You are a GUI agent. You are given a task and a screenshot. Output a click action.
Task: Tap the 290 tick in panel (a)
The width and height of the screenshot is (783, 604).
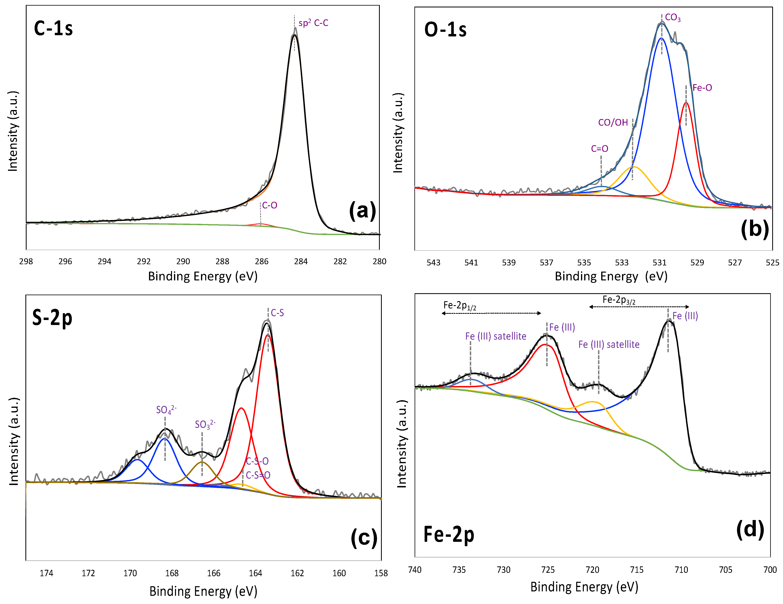(x=183, y=261)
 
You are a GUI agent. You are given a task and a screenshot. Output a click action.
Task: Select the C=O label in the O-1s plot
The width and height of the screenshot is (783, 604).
(x=599, y=148)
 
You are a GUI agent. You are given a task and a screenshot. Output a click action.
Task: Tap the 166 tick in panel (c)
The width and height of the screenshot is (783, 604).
(x=214, y=573)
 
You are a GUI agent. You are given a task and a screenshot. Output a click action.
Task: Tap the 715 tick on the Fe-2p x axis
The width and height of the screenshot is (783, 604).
(x=637, y=570)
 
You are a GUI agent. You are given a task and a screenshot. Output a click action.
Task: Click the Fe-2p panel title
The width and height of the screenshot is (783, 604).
(x=449, y=534)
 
